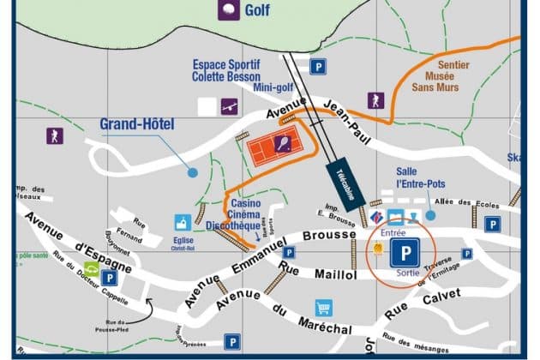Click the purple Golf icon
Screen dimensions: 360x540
click(228, 9)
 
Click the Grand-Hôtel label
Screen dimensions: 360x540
click(137, 124)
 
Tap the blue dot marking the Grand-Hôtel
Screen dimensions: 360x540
click(193, 172)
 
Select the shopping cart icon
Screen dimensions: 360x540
click(323, 307)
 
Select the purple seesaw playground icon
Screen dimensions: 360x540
click(229, 106)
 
